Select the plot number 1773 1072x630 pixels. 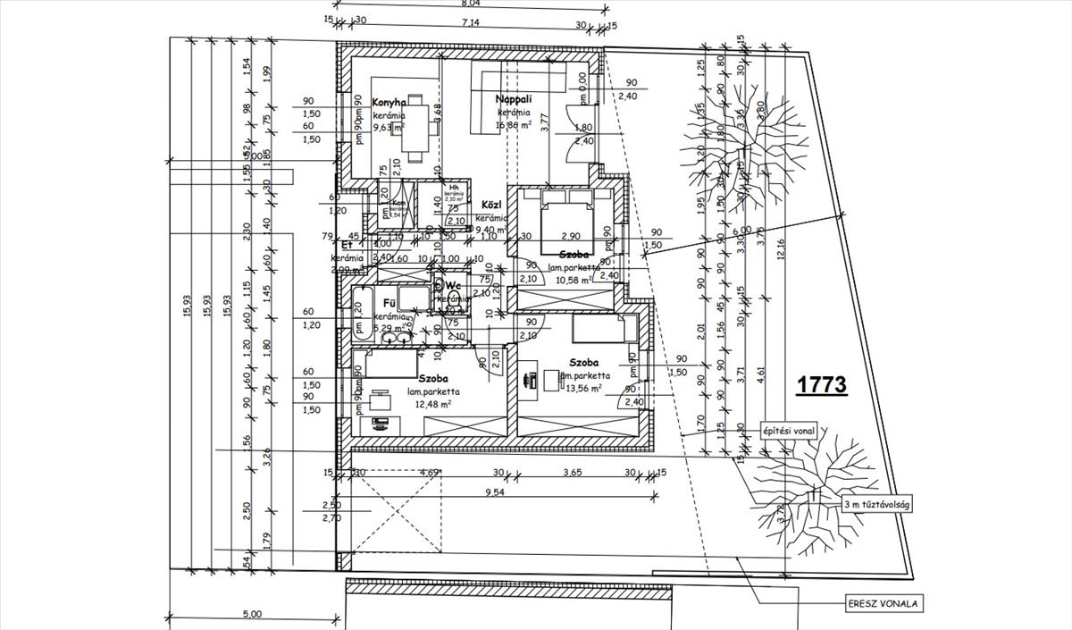(x=821, y=385)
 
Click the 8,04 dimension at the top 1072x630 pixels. (x=469, y=4)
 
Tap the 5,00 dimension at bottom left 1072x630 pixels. (x=253, y=615)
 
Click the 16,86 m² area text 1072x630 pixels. (x=515, y=126)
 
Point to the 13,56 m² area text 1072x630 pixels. (x=582, y=389)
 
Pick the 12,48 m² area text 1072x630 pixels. (x=433, y=404)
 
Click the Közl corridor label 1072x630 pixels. (x=490, y=205)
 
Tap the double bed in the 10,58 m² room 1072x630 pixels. (x=564, y=211)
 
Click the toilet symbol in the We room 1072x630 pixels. (x=454, y=298)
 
